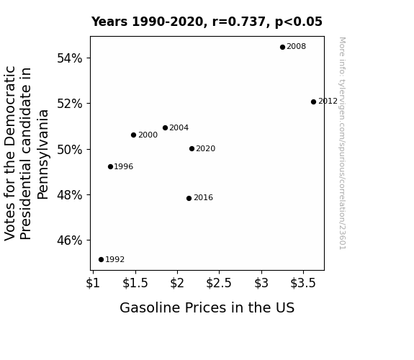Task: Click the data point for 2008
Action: coord(282,48)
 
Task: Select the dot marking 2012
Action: coord(313,102)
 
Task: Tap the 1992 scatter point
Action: coord(101,260)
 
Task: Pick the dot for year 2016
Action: coord(189,198)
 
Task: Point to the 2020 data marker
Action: coord(192,149)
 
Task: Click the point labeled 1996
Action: coord(111,166)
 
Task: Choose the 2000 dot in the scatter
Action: coord(134,135)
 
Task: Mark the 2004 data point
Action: coord(166,128)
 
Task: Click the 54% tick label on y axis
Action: coord(69,58)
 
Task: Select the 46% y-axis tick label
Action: coord(69,240)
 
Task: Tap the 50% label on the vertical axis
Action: coord(69,150)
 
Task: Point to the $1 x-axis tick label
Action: coord(93,283)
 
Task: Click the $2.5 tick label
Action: coord(219,283)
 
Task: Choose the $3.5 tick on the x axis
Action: coord(303,283)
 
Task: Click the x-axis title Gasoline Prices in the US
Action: coord(207,307)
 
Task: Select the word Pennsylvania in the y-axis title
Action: coord(42,155)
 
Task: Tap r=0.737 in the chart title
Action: coord(239,22)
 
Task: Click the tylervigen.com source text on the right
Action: coord(343,143)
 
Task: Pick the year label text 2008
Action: coord(296,47)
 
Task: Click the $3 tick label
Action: coord(261,283)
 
